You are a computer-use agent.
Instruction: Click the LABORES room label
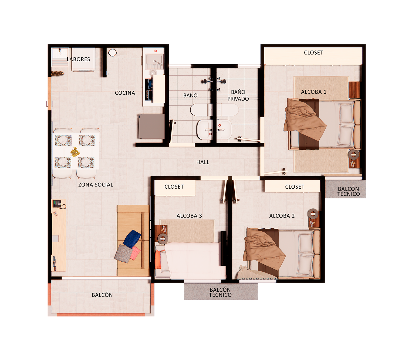(78, 59)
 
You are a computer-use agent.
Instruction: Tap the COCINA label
(125, 93)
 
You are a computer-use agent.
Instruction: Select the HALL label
(203, 162)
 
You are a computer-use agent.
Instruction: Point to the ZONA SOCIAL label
(96, 185)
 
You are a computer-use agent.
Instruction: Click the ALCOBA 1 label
(313, 92)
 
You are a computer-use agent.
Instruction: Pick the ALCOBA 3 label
(189, 216)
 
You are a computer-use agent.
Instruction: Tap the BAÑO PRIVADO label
(238, 95)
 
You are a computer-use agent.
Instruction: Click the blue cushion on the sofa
(132, 239)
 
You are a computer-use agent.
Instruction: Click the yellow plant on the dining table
(75, 152)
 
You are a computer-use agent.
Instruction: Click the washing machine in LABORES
(83, 59)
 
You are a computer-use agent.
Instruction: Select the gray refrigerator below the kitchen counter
(151, 126)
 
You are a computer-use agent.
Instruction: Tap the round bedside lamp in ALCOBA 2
(313, 214)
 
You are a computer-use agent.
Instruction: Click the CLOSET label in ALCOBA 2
(295, 187)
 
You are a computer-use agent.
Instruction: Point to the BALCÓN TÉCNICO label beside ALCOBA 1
(348, 191)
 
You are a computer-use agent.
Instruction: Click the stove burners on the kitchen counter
(149, 90)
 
